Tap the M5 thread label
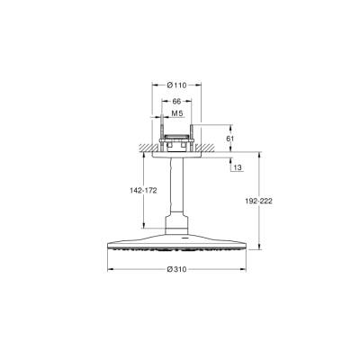(x=177, y=114)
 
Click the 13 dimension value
(x=236, y=167)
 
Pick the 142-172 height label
(x=130, y=190)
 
